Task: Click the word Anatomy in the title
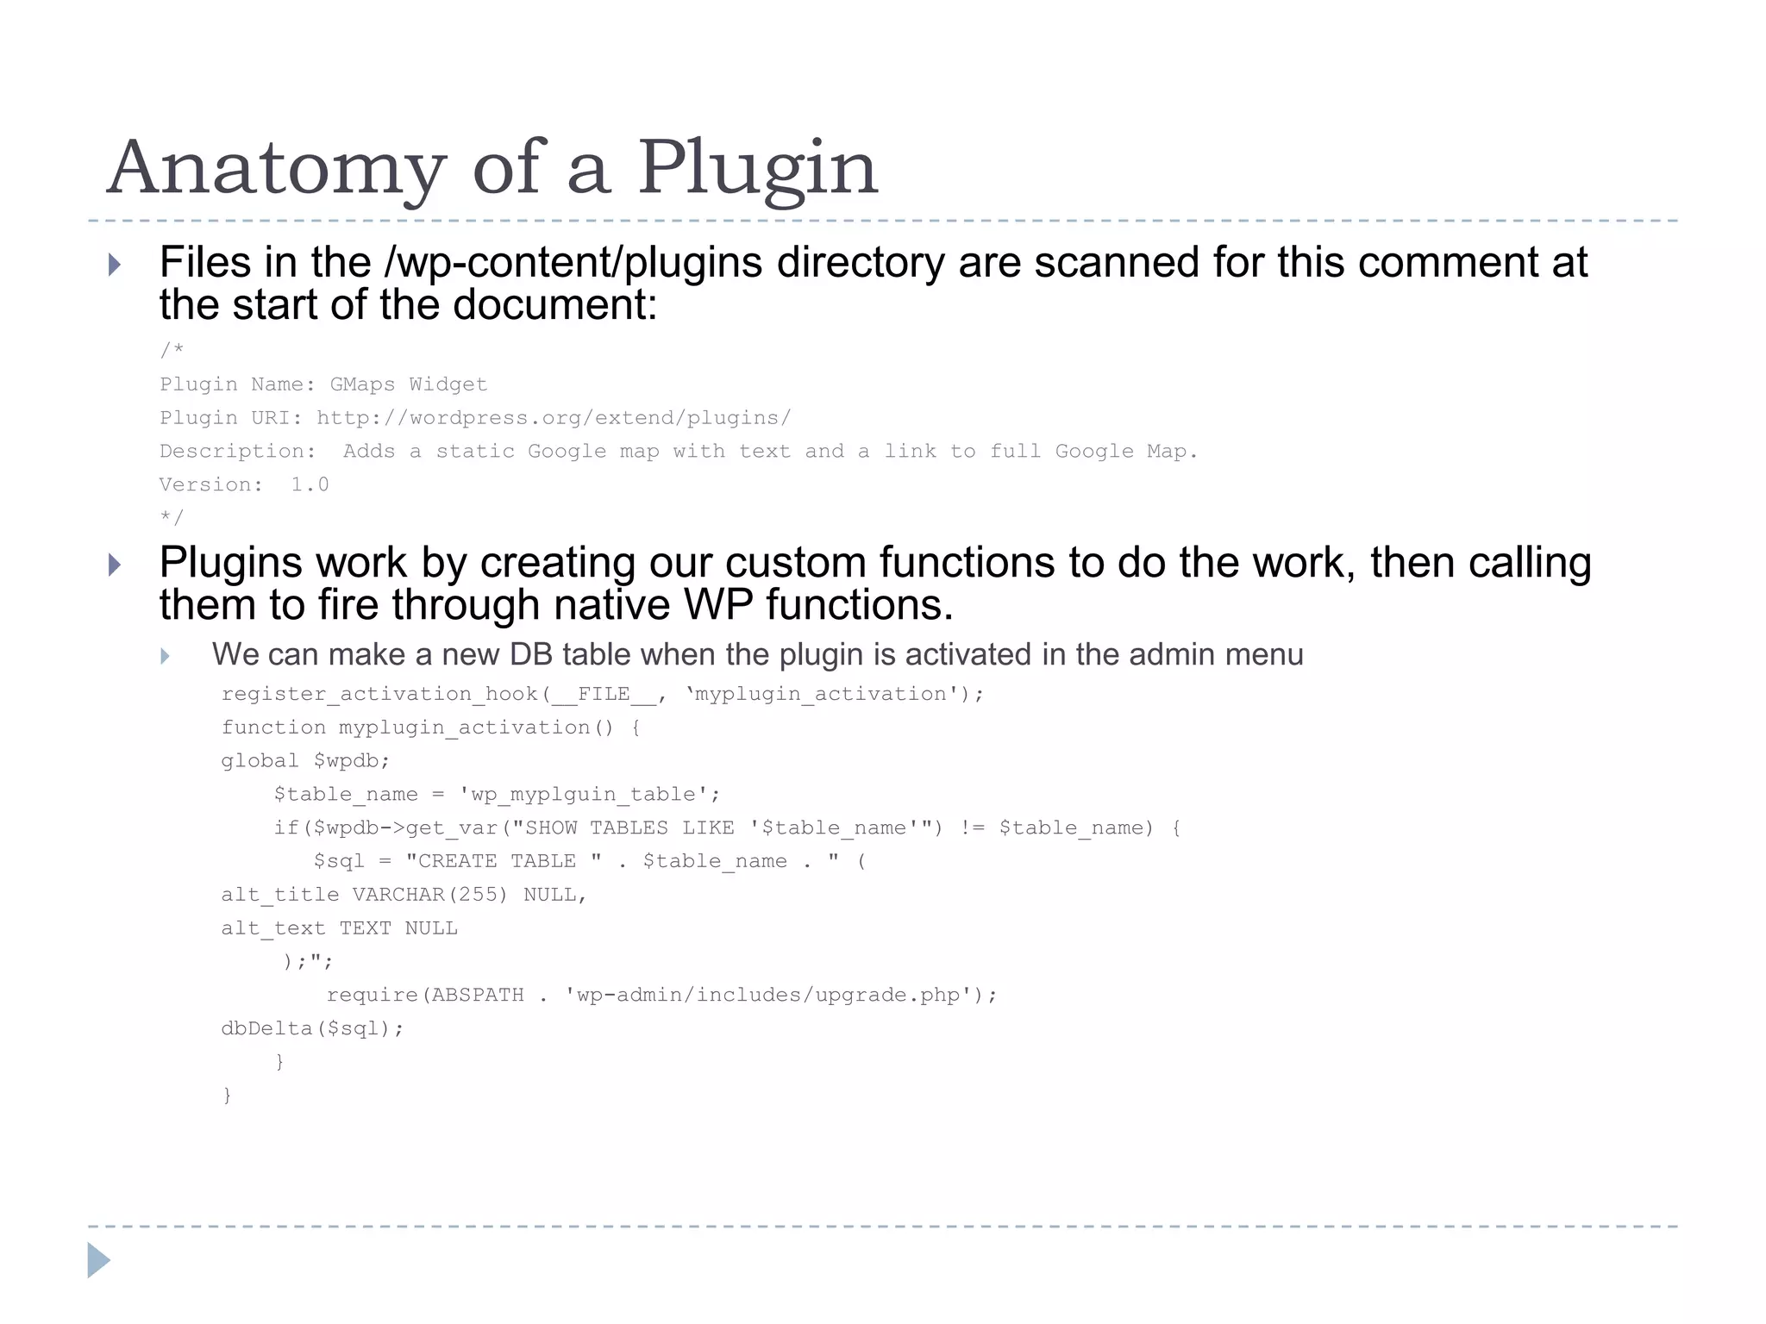pyautogui.click(x=276, y=169)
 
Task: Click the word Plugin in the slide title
pyautogui.click(x=757, y=169)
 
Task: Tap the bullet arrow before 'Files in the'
pyautogui.click(x=115, y=265)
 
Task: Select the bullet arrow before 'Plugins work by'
pyautogui.click(x=115, y=565)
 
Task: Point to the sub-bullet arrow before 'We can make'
pyautogui.click(x=166, y=657)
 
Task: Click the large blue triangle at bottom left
pyautogui.click(x=98, y=1260)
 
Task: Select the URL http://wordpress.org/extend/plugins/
pyautogui.click(x=553, y=418)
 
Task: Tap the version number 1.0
pyautogui.click(x=310, y=484)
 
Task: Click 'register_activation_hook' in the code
pyautogui.click(x=379, y=695)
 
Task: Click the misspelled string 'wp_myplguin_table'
pyautogui.click(x=589, y=795)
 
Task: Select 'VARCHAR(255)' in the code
pyautogui.click(x=429, y=895)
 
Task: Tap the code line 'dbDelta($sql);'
pyautogui.click(x=312, y=1028)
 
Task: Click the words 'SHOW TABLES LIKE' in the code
pyautogui.click(x=629, y=828)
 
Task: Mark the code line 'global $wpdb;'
pyautogui.click(x=305, y=761)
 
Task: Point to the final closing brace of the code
pyautogui.click(x=228, y=1096)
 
